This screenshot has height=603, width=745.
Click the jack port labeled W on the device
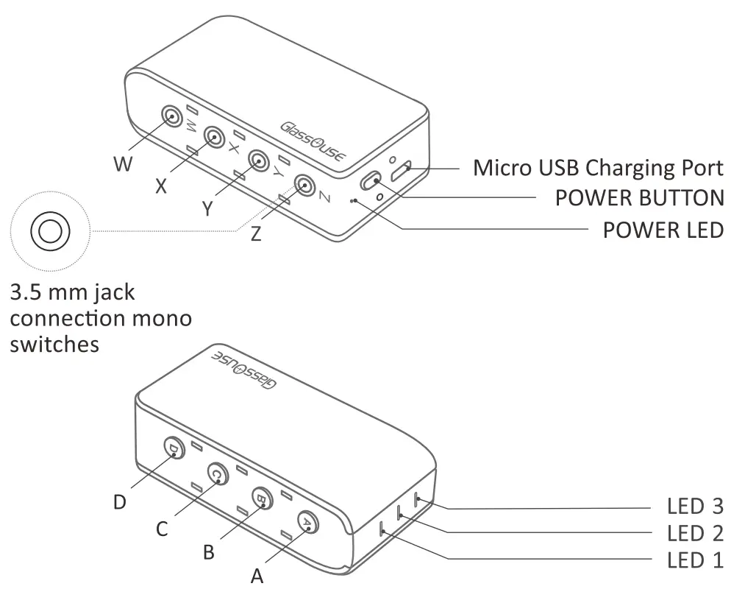coord(171,116)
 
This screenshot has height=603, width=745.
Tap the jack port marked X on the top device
coord(214,137)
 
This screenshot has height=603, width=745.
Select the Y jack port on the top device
coord(258,160)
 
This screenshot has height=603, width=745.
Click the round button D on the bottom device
coord(174,448)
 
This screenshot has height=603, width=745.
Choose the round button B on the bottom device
coord(262,498)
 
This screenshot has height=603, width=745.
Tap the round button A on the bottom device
coord(308,522)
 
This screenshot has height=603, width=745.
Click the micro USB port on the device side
coord(402,171)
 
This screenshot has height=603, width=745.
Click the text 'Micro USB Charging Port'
coord(598,168)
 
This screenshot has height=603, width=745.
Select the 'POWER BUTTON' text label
coord(639,198)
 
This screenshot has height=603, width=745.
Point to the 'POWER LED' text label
coord(663,230)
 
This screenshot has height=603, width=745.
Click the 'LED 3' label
coord(695,507)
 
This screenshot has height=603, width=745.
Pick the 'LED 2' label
coord(695,533)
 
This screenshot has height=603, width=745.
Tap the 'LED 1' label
coord(695,560)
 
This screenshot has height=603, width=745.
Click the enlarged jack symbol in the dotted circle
coord(49,231)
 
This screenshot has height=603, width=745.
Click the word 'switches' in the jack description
coord(54,344)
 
